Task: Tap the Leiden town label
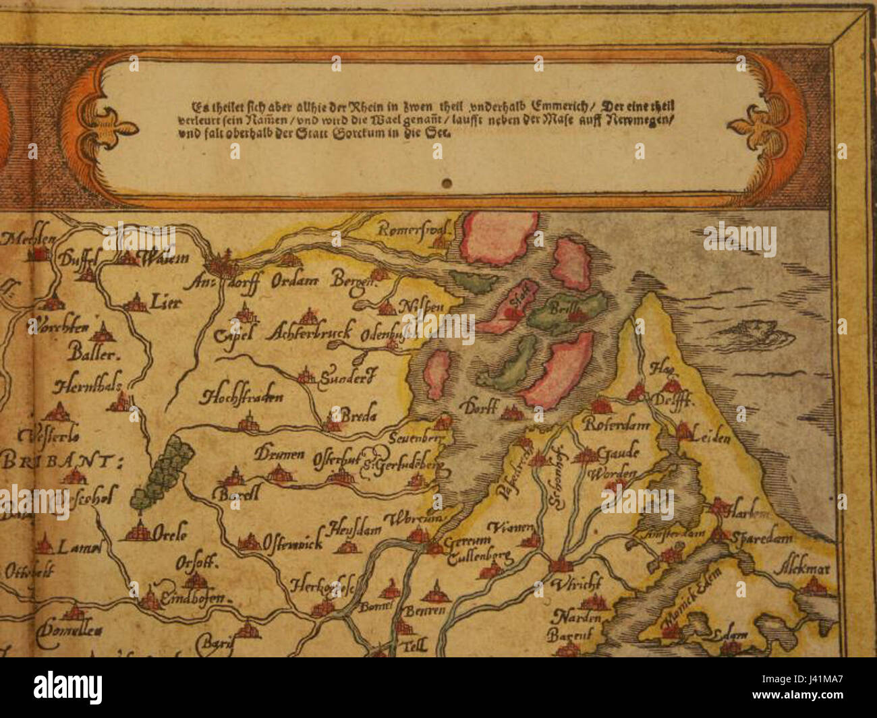click(x=710, y=438)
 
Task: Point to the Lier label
click(x=166, y=303)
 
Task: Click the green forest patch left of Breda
click(x=164, y=471)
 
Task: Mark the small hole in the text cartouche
click(x=446, y=183)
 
